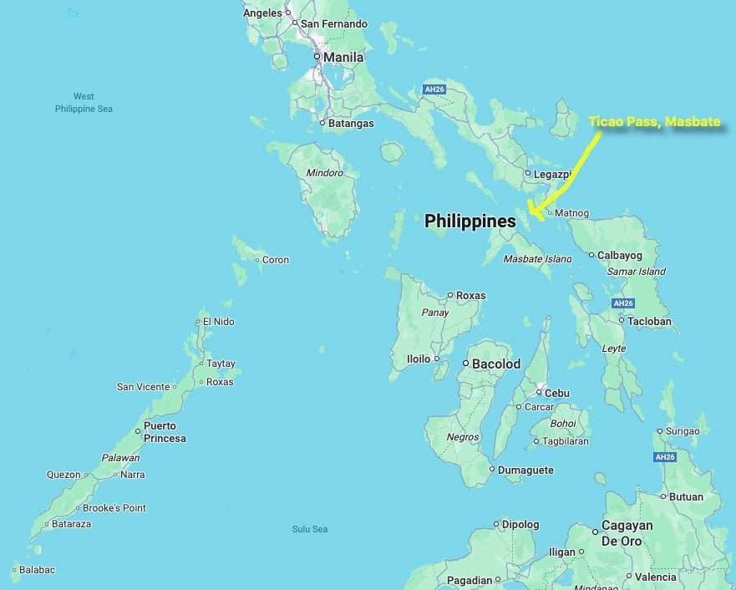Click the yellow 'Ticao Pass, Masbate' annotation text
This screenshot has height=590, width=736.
(x=654, y=122)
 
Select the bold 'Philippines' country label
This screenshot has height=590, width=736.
(x=470, y=221)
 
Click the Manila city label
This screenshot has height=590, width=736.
(x=344, y=57)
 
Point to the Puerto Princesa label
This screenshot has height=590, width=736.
(x=165, y=432)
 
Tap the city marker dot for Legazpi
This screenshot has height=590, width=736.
(x=527, y=174)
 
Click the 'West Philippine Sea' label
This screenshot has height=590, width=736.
(x=84, y=103)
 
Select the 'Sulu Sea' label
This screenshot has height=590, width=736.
(x=310, y=529)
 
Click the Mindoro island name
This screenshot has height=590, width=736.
(x=326, y=173)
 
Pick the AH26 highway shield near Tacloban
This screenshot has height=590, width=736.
(x=622, y=303)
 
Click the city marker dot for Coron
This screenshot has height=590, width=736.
(x=257, y=260)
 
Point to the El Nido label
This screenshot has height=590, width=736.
(x=218, y=322)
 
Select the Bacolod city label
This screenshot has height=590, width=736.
(x=496, y=364)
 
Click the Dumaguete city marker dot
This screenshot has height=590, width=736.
(x=492, y=470)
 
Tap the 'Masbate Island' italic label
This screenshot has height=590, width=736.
(x=537, y=259)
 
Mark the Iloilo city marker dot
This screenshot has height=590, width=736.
(x=435, y=359)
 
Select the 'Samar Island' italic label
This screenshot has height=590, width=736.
(x=637, y=272)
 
